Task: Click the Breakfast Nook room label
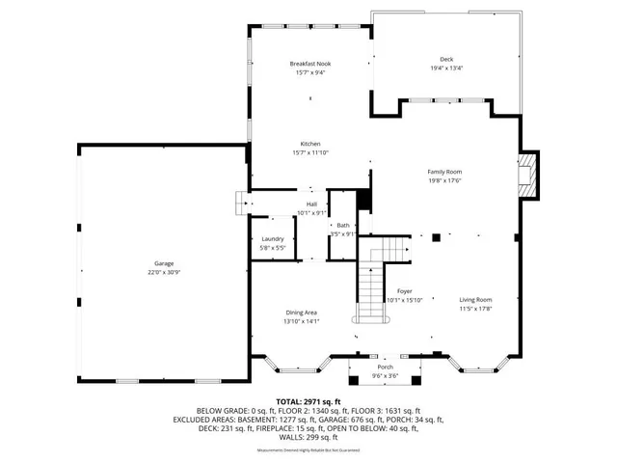pyautogui.click(x=310, y=64)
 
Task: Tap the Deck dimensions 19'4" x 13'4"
pyautogui.click(x=446, y=68)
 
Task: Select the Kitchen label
pyautogui.click(x=310, y=144)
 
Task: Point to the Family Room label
pyautogui.click(x=445, y=172)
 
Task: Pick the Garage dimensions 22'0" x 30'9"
pyautogui.click(x=165, y=273)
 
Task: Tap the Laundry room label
pyautogui.click(x=273, y=239)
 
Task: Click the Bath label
pyautogui.click(x=343, y=225)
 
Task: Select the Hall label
pyautogui.click(x=311, y=204)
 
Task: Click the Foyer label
pyautogui.click(x=405, y=290)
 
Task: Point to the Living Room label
pyautogui.click(x=475, y=300)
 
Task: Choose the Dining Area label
pyautogui.click(x=303, y=313)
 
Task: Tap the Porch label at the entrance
pyautogui.click(x=385, y=368)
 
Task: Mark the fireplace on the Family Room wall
pyautogui.click(x=527, y=176)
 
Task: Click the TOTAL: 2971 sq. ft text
pyautogui.click(x=309, y=400)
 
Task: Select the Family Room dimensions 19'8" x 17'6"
pyautogui.click(x=445, y=180)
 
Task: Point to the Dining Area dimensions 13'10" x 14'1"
pyautogui.click(x=303, y=321)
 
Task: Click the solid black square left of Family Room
pyautogui.click(x=364, y=200)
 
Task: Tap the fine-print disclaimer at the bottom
pyautogui.click(x=308, y=450)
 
